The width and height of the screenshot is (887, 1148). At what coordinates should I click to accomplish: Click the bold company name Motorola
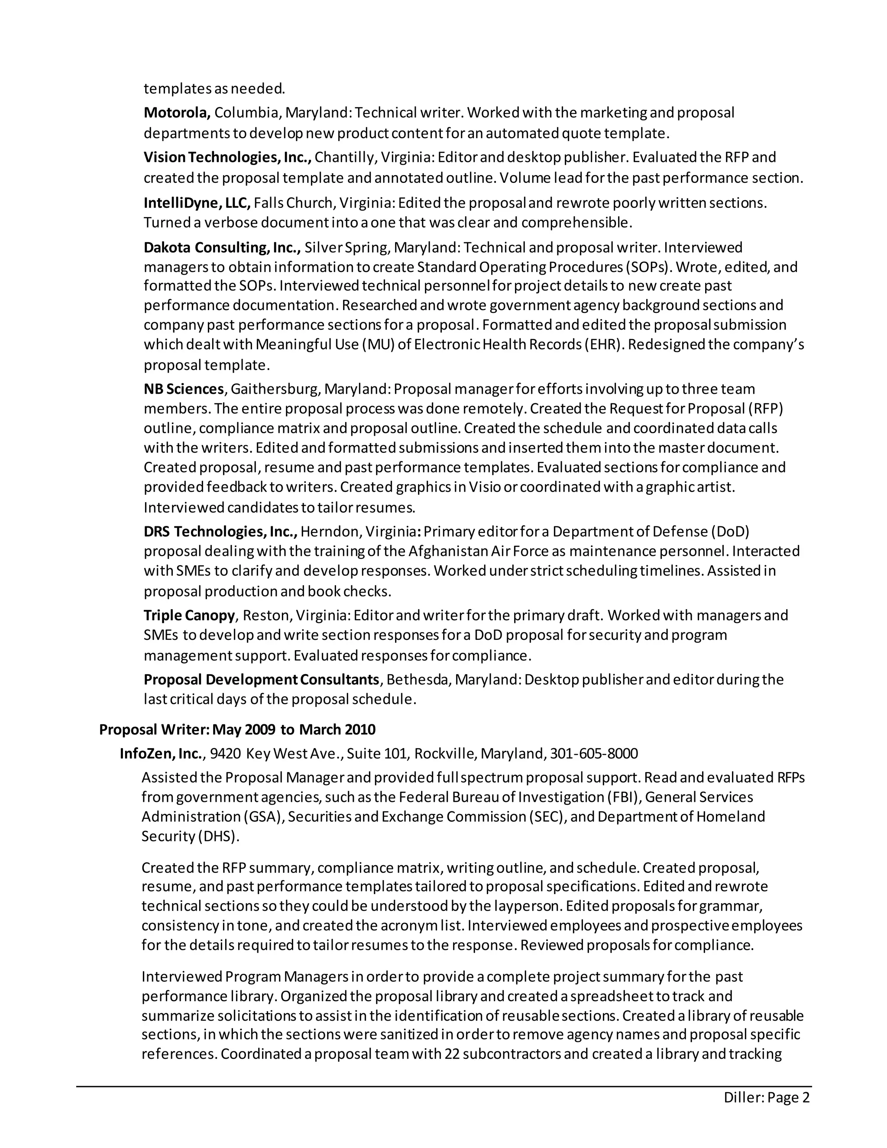pos(177,113)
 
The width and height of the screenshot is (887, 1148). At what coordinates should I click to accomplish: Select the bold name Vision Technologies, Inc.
pos(227,157)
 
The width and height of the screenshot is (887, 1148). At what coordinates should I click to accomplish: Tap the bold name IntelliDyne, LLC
pos(197,202)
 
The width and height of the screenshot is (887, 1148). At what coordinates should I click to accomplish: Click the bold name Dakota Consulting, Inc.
pos(222,247)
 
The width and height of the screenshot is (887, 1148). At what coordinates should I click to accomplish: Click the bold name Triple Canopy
pos(189,615)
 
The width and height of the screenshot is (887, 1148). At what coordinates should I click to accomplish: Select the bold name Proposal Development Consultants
pos(261,680)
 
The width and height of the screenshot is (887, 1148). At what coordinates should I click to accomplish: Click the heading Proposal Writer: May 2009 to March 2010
pos(237,730)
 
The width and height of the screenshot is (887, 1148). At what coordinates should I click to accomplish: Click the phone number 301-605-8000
pos(594,754)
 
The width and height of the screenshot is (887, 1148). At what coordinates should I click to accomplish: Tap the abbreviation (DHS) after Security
pos(219,836)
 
